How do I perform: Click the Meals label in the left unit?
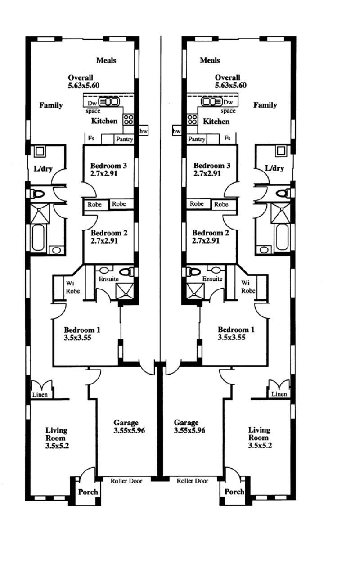pyautogui.click(x=106, y=60)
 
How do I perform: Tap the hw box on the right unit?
pyautogui.click(x=177, y=131)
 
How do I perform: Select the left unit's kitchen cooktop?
pyautogui.click(x=128, y=119)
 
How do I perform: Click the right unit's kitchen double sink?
pyautogui.click(x=211, y=101)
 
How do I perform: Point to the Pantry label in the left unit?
pyautogui.click(x=125, y=139)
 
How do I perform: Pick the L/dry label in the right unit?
pyautogui.click(x=274, y=168)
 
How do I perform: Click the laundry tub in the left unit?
pyautogui.click(x=40, y=151)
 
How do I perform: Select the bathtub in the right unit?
pyautogui.click(x=283, y=237)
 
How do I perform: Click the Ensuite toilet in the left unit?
pyautogui.click(x=126, y=272)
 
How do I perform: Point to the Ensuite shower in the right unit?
pyautogui.click(x=195, y=291)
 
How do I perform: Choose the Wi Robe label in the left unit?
pyautogui.click(x=72, y=287)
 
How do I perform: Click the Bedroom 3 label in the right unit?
pyautogui.click(x=212, y=166)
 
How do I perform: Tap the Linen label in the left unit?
pyautogui.click(x=40, y=395)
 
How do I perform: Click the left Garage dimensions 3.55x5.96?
pyautogui.click(x=129, y=430)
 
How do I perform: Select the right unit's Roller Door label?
pyautogui.click(x=193, y=481)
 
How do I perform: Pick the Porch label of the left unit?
pyautogui.click(x=88, y=492)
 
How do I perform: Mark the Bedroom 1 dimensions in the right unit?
pyautogui.click(x=231, y=337)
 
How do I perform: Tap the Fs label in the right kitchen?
pyautogui.click(x=227, y=138)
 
